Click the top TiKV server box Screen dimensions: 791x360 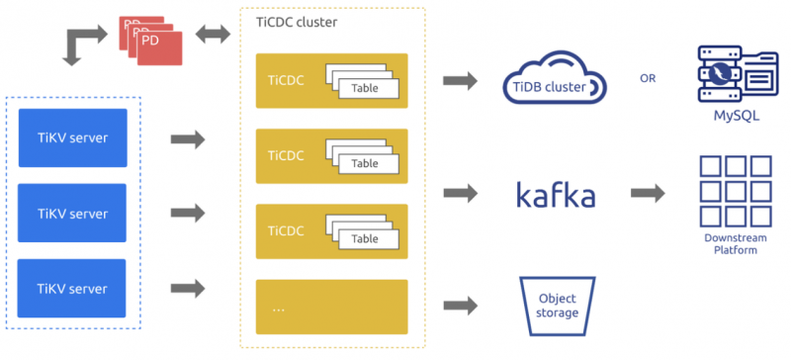coord(72,137)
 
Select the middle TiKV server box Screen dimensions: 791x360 coord(72,213)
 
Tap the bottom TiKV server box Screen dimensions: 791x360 coord(71,289)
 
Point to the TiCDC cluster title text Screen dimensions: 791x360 coord(297,22)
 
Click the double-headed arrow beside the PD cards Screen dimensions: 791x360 coord(213,35)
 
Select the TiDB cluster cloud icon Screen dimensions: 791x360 coord(555,80)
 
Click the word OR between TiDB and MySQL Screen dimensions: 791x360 coord(648,79)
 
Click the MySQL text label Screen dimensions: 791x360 coord(737,116)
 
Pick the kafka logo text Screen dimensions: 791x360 coord(556,195)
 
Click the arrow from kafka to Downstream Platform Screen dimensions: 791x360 coord(648,193)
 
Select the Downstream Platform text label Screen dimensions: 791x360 coord(736,244)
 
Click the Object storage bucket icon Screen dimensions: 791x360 coord(557,306)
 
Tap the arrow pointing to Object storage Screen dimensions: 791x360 coord(460,305)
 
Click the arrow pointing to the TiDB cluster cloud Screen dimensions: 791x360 coord(460,81)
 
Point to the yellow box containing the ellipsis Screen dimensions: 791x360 coord(332,307)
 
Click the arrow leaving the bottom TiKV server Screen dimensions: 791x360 coord(188,289)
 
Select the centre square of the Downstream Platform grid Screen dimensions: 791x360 coord(736,191)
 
